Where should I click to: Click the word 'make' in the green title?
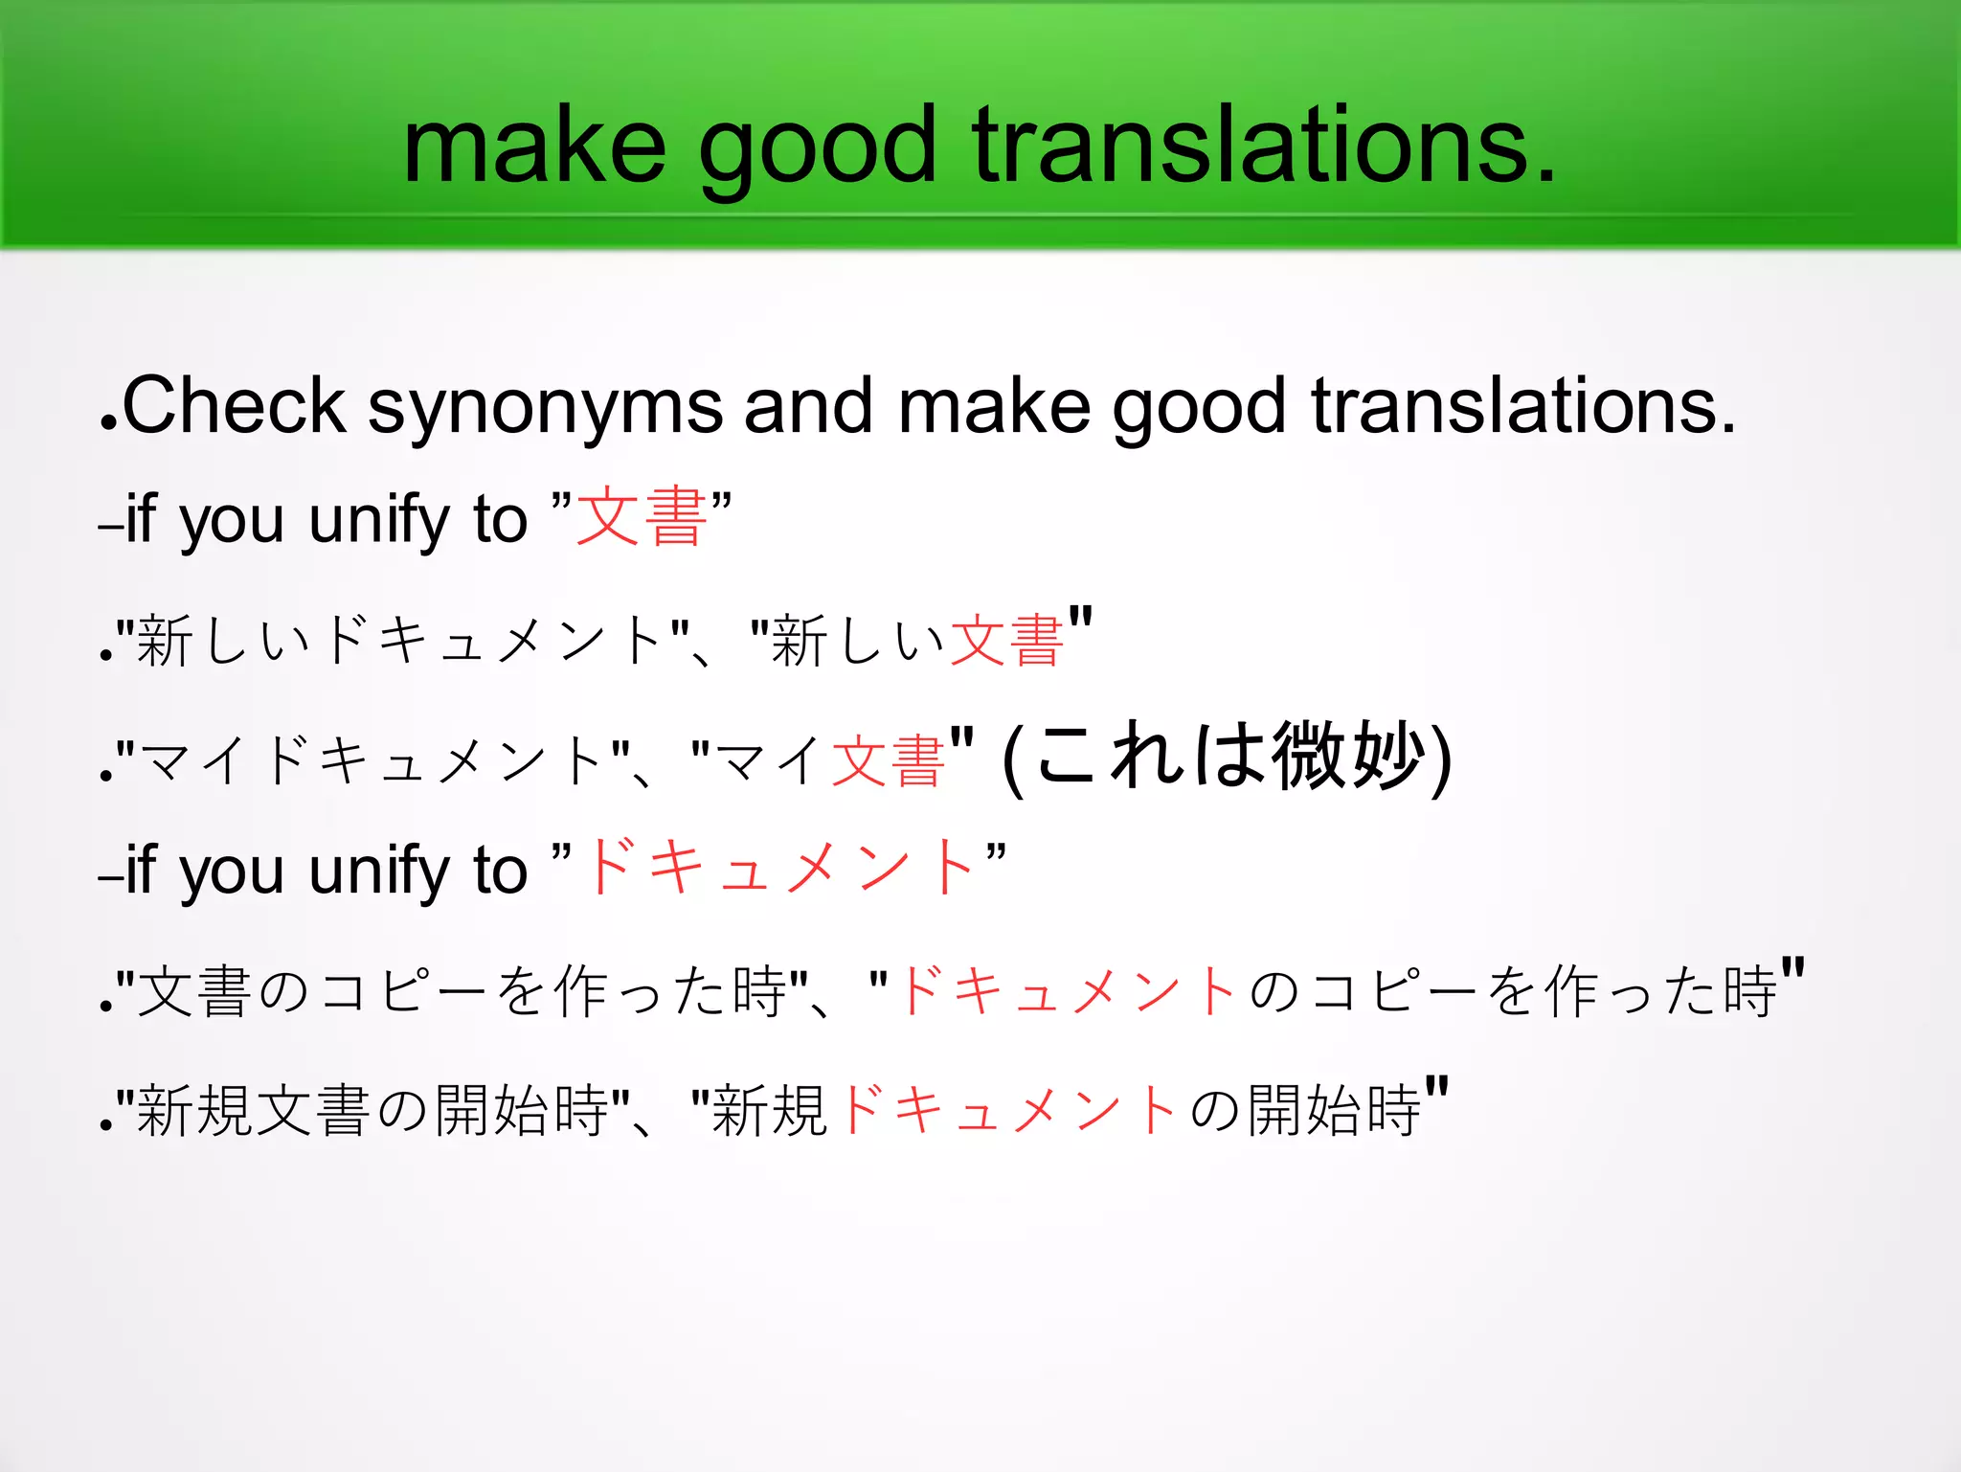point(533,147)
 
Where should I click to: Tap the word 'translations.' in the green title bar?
point(1265,147)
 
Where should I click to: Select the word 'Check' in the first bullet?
point(233,406)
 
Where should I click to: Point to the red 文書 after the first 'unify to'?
point(642,517)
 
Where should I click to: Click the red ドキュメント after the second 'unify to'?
point(781,867)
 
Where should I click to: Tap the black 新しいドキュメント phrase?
point(400,641)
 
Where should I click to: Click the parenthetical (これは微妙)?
point(1228,757)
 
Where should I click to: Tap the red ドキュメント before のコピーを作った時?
point(1068,990)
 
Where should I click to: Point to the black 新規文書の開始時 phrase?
point(373,1111)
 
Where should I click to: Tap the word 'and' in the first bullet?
point(808,406)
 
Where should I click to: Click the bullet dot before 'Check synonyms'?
point(108,422)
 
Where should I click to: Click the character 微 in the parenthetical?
point(1308,757)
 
